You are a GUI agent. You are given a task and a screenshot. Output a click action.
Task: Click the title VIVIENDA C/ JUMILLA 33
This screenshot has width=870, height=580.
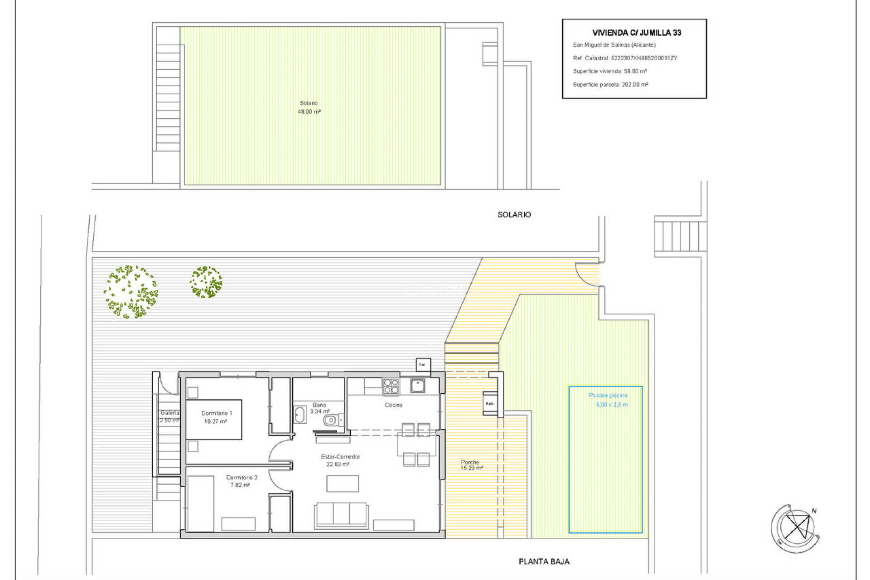(x=636, y=33)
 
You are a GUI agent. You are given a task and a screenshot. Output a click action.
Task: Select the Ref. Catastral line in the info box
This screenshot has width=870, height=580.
(x=625, y=58)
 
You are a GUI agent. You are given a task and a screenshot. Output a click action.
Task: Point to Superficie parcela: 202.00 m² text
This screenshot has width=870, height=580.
(x=610, y=85)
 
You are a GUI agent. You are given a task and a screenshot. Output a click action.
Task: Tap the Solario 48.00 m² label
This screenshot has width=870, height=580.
(x=309, y=107)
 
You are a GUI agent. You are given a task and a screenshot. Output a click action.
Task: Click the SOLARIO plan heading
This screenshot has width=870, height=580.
(x=514, y=215)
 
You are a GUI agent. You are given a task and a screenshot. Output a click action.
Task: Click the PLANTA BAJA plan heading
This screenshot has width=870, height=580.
(x=544, y=561)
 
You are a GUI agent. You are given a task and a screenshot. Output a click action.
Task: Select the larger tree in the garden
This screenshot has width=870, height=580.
(x=131, y=292)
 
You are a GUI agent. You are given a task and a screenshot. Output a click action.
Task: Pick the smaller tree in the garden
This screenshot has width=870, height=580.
(x=206, y=282)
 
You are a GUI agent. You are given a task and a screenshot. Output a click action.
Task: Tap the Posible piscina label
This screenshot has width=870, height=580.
(x=608, y=396)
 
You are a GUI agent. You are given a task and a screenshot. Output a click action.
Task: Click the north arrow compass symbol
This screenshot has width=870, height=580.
(x=796, y=528)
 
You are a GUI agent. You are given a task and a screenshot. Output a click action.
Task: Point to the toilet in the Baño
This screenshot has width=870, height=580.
(x=332, y=420)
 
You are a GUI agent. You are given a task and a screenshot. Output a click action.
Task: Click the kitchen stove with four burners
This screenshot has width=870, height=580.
(x=391, y=387)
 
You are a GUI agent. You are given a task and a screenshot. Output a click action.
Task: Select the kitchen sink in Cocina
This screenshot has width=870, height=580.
(x=417, y=386)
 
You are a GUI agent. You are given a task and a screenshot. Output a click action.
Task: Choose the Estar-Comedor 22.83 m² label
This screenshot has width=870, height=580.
(x=340, y=460)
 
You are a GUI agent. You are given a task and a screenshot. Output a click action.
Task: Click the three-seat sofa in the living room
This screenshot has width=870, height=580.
(x=341, y=515)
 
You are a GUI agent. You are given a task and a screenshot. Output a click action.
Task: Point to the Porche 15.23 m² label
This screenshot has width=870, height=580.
(x=471, y=465)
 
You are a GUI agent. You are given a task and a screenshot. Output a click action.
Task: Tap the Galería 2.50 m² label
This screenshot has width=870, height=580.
(x=169, y=416)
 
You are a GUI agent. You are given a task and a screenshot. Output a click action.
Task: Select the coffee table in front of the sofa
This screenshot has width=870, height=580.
(x=343, y=483)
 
